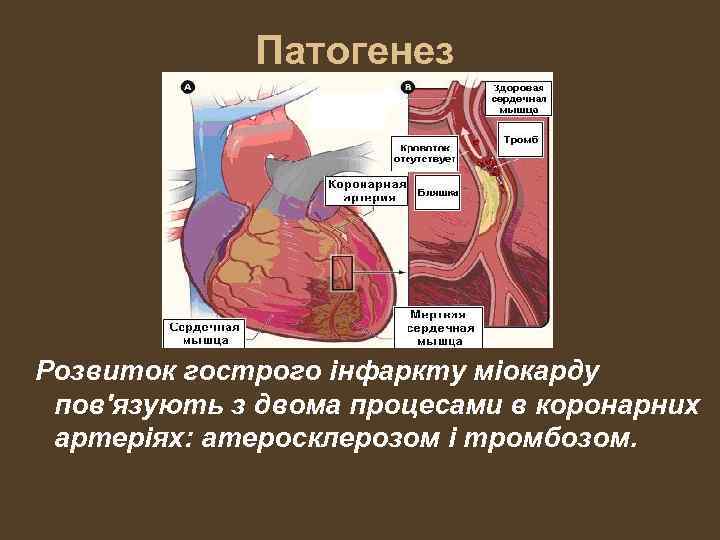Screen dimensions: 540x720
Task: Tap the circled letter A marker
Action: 188,87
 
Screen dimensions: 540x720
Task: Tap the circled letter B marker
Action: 407,87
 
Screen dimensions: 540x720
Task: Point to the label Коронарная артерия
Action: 368,190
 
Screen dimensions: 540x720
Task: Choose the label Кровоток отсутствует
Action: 423,151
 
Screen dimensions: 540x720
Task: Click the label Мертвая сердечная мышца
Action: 441,326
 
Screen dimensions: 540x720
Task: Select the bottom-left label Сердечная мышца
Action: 203,332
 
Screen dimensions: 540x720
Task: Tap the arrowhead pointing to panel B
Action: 402,271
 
